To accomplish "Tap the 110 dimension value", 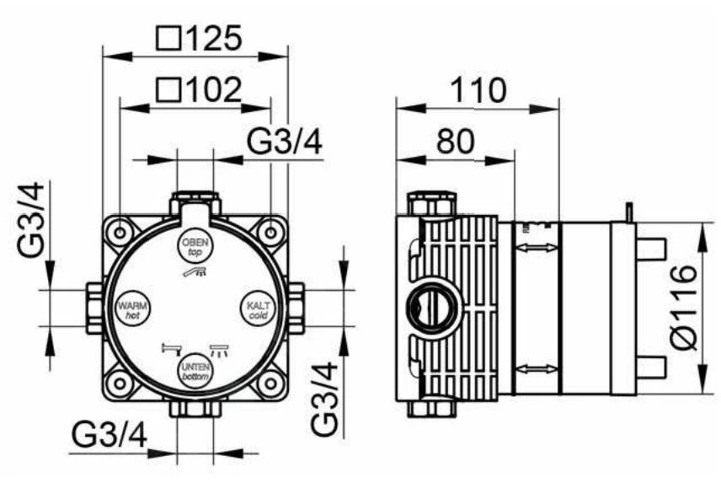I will click(477, 89).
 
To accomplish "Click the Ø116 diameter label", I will click(684, 306).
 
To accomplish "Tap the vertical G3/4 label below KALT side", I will click(326, 397).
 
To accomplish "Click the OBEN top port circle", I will click(194, 245).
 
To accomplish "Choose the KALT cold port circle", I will click(258, 306).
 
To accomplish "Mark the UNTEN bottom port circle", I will click(194, 372).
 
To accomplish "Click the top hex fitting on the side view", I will click(431, 204).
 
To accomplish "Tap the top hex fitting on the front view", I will click(195, 203).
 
